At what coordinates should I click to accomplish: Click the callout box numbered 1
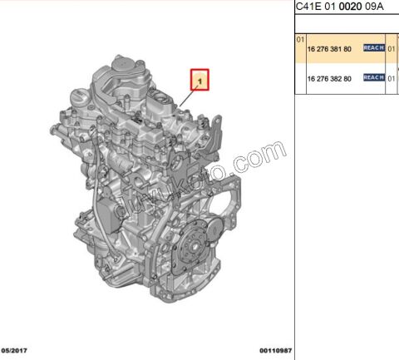click(x=200, y=79)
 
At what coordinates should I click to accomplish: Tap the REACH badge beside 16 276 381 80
click(x=373, y=48)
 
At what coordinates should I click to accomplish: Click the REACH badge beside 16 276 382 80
click(x=373, y=77)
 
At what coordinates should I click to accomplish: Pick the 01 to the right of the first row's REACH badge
click(x=392, y=48)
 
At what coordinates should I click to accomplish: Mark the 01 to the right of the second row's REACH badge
click(x=392, y=77)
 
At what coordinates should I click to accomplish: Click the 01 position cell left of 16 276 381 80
click(x=300, y=39)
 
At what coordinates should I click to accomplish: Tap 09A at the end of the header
click(x=375, y=7)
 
